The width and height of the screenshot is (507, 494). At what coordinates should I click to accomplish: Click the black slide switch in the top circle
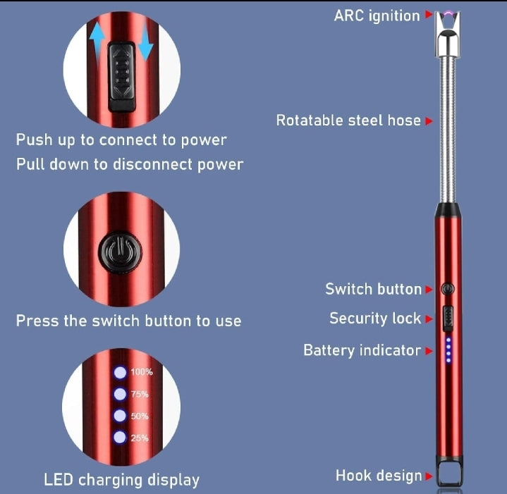pos(121,77)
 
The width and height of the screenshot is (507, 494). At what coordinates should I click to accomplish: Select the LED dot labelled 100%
pos(120,372)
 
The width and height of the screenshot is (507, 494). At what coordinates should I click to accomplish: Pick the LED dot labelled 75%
pos(120,394)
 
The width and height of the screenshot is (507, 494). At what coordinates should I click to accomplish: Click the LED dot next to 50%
pos(120,416)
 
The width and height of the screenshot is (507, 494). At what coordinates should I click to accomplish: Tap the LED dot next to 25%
pos(120,437)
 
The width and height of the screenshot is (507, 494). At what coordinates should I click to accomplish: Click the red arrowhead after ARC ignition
pos(429,14)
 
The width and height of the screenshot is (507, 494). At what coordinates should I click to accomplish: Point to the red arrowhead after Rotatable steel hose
pos(429,121)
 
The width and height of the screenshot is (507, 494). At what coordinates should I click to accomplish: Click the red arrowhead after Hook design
pos(429,476)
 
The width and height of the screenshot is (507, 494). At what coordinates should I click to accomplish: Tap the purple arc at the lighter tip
pos(448,13)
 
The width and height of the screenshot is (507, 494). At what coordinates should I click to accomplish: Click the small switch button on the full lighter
pos(448,288)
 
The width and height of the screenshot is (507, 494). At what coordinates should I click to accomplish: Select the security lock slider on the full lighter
pos(448,319)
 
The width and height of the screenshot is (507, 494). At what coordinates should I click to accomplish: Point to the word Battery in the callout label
pos(329,350)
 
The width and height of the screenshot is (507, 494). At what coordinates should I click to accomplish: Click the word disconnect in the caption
pos(152,164)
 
